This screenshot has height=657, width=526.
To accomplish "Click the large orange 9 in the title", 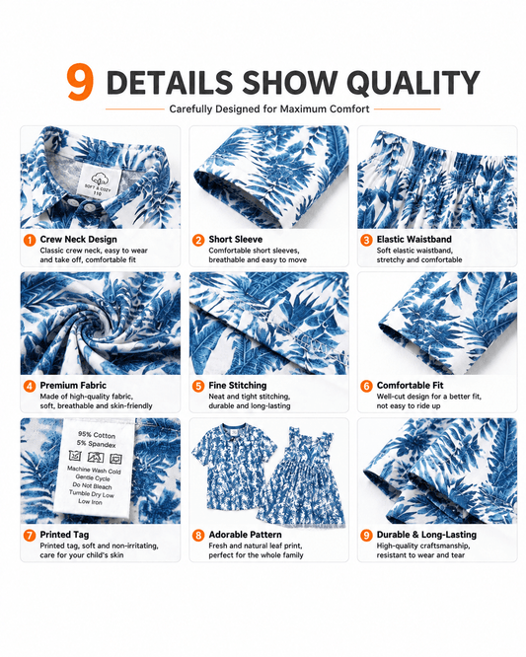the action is pos(80,82).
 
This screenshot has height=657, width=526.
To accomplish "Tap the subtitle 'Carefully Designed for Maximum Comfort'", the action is pos(269,109).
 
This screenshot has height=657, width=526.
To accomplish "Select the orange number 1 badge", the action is pos(30,240).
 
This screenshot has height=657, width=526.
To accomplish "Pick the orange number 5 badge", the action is pos(198,386).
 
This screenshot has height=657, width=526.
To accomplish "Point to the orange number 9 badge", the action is pos(366,535).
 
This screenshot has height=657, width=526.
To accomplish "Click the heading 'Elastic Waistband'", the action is pos(414,240).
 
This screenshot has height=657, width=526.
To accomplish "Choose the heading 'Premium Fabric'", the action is pos(73,385).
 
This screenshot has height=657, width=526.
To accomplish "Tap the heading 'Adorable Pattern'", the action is pos(245,535).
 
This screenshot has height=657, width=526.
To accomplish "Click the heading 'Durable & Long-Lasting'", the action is pos(426,535).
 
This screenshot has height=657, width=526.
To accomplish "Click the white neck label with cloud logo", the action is pos(100,181).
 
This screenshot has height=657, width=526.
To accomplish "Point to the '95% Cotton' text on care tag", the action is pos(97,434).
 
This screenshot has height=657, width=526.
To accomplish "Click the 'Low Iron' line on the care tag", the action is pos(90,501).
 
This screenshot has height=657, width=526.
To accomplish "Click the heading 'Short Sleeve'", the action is pos(236,240).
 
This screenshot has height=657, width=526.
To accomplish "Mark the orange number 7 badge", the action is pos(30,535).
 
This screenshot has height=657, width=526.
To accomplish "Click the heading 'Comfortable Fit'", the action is pos(410,385).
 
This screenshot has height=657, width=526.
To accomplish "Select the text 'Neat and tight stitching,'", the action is pos(250,397).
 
